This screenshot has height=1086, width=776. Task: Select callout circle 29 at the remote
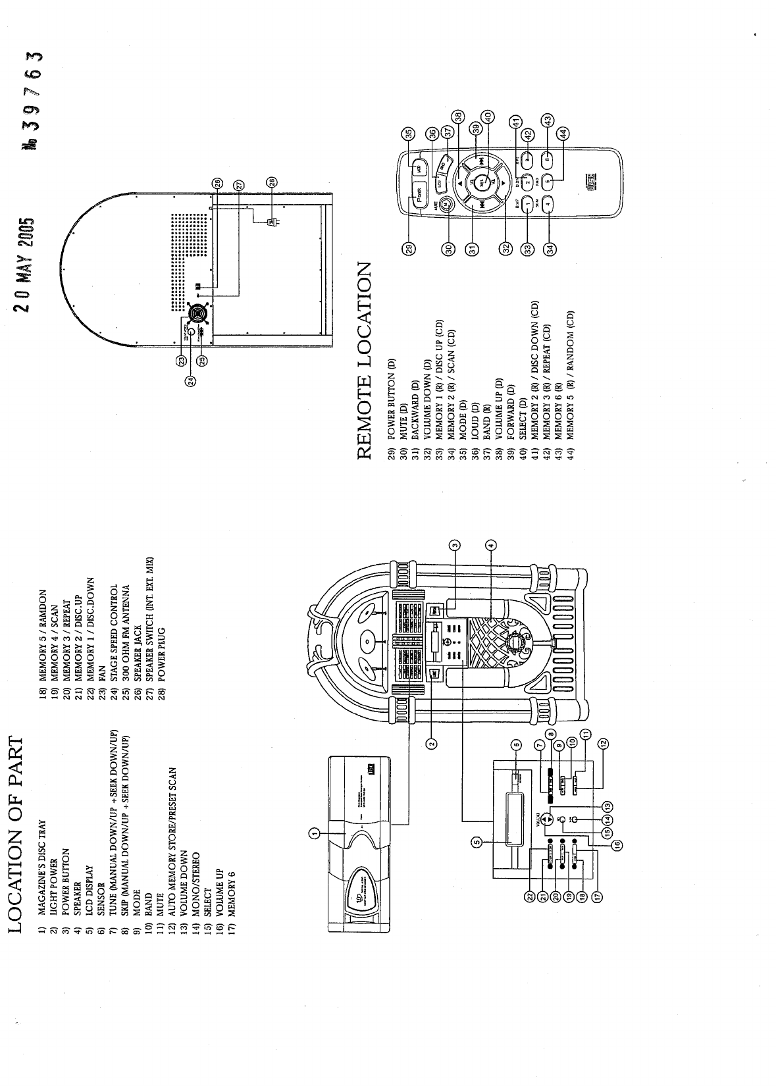click(x=409, y=247)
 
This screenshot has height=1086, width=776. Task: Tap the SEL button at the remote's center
click(x=481, y=181)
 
